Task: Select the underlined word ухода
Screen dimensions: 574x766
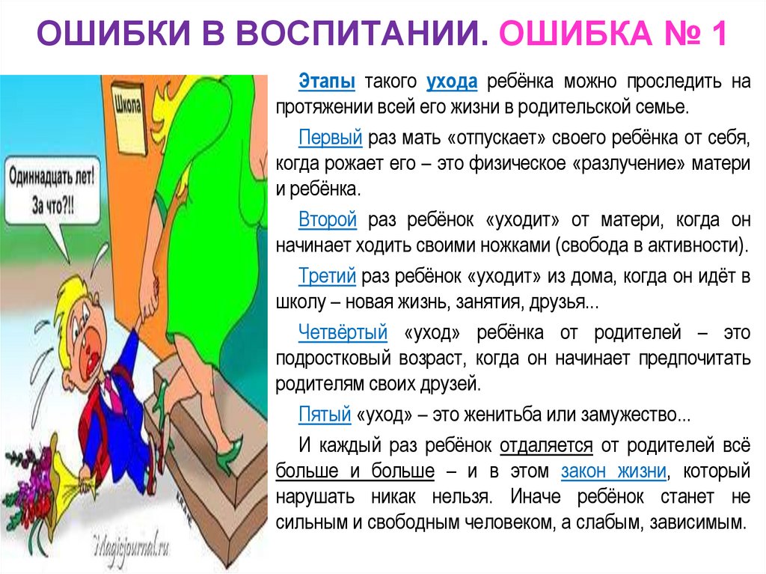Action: [452, 81]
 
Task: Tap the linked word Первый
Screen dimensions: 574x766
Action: [331, 138]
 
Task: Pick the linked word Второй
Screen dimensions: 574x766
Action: [328, 219]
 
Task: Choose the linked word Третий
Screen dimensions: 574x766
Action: [327, 277]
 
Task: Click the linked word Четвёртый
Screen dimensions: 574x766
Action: [343, 331]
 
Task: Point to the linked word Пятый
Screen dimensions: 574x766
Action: [325, 413]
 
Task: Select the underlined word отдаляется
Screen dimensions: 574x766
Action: [546, 445]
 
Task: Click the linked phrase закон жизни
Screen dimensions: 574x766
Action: [613, 471]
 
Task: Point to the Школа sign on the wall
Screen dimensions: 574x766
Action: [128, 107]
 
